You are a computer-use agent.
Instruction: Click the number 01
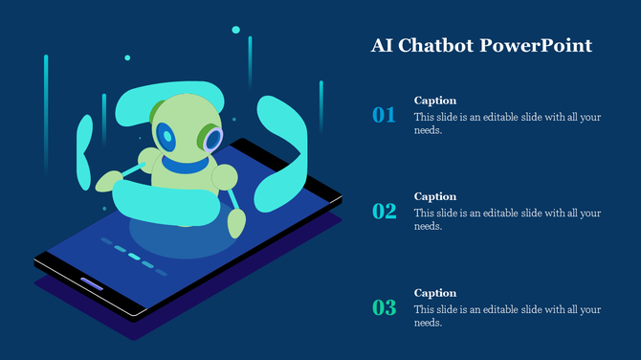384,116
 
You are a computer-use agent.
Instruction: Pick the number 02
384,212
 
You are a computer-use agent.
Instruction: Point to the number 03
384,308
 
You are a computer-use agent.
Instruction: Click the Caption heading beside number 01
434,100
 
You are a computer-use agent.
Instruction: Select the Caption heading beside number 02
434,196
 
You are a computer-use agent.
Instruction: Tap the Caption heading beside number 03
434,293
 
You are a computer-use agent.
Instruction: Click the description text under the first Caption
507,124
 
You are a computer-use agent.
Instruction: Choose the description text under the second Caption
507,220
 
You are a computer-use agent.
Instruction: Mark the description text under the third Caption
507,316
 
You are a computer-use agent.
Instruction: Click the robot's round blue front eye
169,138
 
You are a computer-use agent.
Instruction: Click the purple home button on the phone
91,283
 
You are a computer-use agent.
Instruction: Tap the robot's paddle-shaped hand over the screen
235,222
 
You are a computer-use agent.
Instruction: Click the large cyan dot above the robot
235,30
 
